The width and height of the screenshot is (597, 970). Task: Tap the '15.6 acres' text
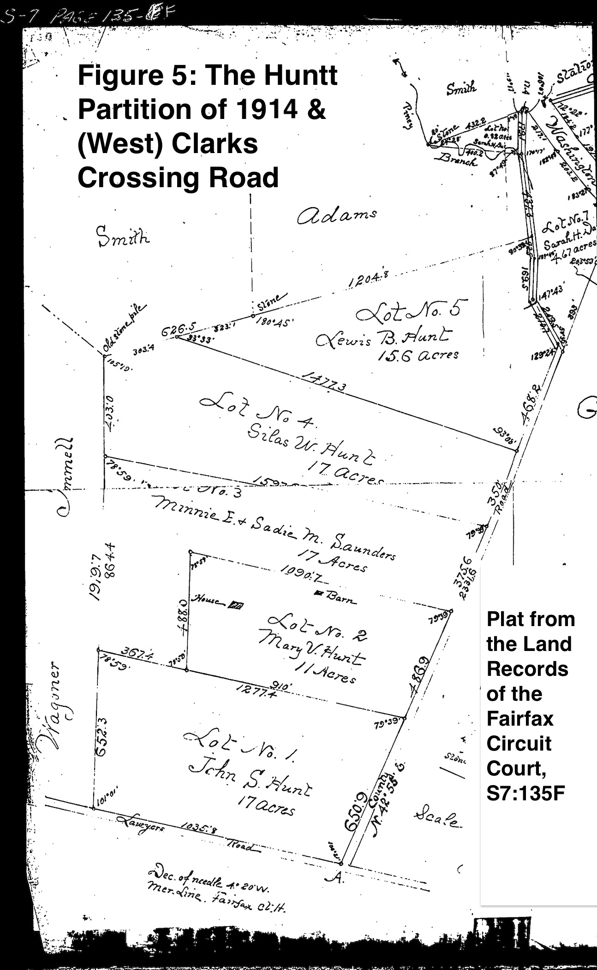[418, 355]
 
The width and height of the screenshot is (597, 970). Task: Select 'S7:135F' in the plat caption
[526, 793]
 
